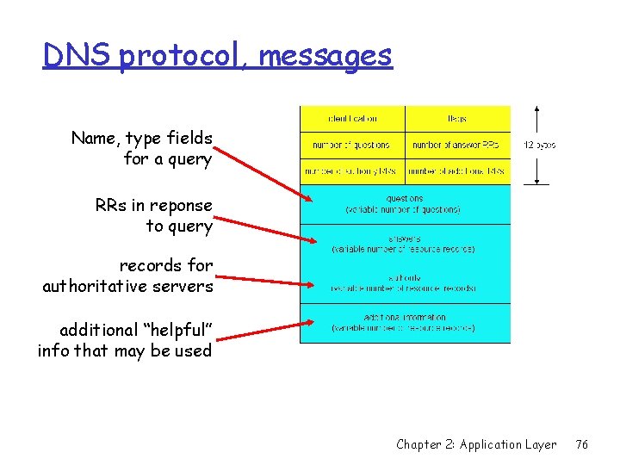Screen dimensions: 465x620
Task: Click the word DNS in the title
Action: tap(77, 57)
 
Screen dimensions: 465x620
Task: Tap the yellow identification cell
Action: tap(352, 119)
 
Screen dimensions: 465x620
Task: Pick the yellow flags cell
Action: tap(457, 119)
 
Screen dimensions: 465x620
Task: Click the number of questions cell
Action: tap(352, 145)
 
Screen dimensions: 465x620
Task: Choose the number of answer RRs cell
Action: tap(457, 145)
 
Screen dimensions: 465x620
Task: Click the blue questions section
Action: tap(405, 203)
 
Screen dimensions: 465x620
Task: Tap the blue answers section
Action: tap(405, 244)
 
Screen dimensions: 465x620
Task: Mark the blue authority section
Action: tap(405, 282)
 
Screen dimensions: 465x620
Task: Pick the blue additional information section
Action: tap(405, 323)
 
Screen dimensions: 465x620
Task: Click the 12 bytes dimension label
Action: tap(539, 145)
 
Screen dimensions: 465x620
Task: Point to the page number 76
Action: tap(582, 444)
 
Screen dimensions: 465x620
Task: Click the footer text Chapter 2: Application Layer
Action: tap(476, 444)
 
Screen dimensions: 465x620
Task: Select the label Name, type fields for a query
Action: tap(142, 148)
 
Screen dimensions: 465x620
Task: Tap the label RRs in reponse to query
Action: tap(153, 215)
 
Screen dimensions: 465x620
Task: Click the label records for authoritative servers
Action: tap(127, 276)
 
